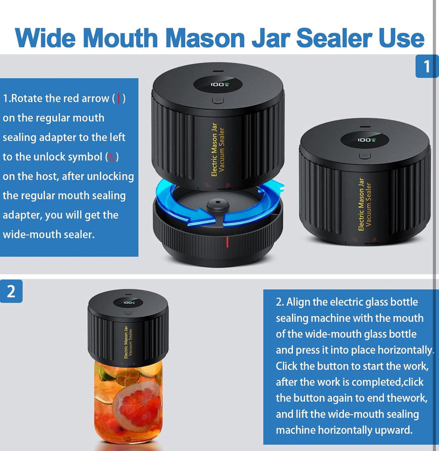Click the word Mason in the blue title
click(205, 38)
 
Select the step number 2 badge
click(11, 291)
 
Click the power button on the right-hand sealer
click(364, 156)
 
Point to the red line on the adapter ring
click(227, 242)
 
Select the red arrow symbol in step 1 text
click(119, 98)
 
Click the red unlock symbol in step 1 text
click(111, 157)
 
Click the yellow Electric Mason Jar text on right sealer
click(361, 204)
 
